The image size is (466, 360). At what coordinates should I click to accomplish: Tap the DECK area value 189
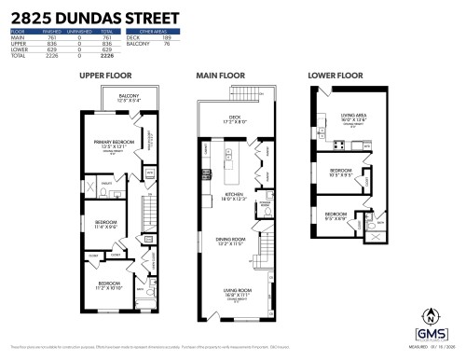pyautogui.click(x=164, y=37)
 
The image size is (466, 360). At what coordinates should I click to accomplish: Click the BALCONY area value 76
pyautogui.click(x=165, y=43)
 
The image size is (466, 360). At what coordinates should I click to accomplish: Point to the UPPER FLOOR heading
pyautogui.click(x=104, y=75)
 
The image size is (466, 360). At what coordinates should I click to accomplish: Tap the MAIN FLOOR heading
pyautogui.click(x=219, y=75)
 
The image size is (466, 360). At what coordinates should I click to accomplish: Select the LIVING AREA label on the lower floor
pyautogui.click(x=352, y=117)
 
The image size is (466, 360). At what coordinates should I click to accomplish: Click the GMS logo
pyautogui.click(x=430, y=333)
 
